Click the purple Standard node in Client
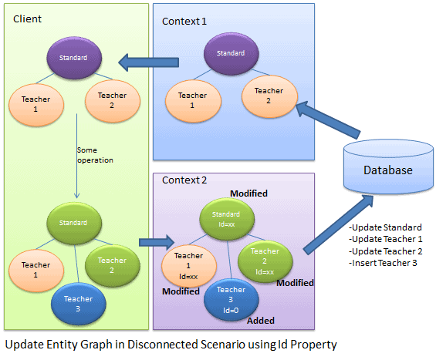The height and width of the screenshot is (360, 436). click(74, 56)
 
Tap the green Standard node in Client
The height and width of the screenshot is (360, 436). click(73, 222)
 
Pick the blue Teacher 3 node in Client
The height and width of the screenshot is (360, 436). click(78, 302)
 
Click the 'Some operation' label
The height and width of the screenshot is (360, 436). click(95, 155)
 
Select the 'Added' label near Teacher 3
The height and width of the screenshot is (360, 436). click(261, 320)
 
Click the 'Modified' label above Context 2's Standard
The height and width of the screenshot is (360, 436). click(248, 193)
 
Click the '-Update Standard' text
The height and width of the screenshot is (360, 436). click(385, 227)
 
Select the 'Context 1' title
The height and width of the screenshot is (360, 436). click(184, 21)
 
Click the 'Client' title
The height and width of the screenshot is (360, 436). click(28, 19)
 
